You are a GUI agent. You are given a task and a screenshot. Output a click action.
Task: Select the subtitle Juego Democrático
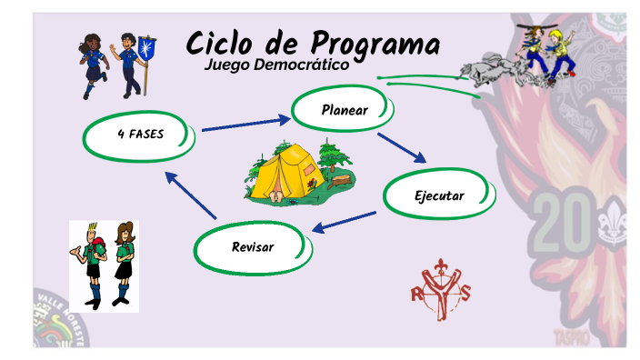pos(275,65)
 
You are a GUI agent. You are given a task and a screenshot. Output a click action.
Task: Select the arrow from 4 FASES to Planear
pos(244,125)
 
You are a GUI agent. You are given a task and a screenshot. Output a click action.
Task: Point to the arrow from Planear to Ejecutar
pos(401,147)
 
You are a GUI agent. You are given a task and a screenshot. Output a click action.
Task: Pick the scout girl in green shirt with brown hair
pos(124,263)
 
